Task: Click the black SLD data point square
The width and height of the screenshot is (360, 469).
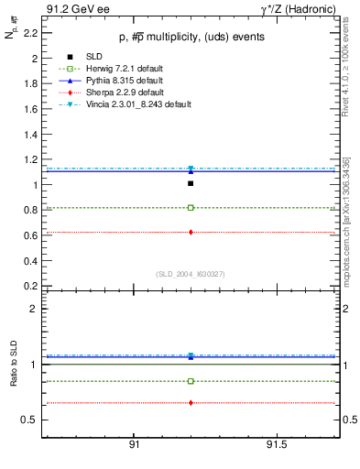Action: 190,183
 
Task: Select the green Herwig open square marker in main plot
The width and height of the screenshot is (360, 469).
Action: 190,208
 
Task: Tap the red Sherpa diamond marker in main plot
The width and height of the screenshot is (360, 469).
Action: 190,232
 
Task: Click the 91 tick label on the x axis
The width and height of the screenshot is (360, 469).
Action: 134,444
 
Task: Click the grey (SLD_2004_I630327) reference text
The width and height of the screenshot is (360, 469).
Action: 190,274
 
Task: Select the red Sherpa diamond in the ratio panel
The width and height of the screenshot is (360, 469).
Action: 190,402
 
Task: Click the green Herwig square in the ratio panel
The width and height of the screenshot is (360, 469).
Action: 190,381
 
